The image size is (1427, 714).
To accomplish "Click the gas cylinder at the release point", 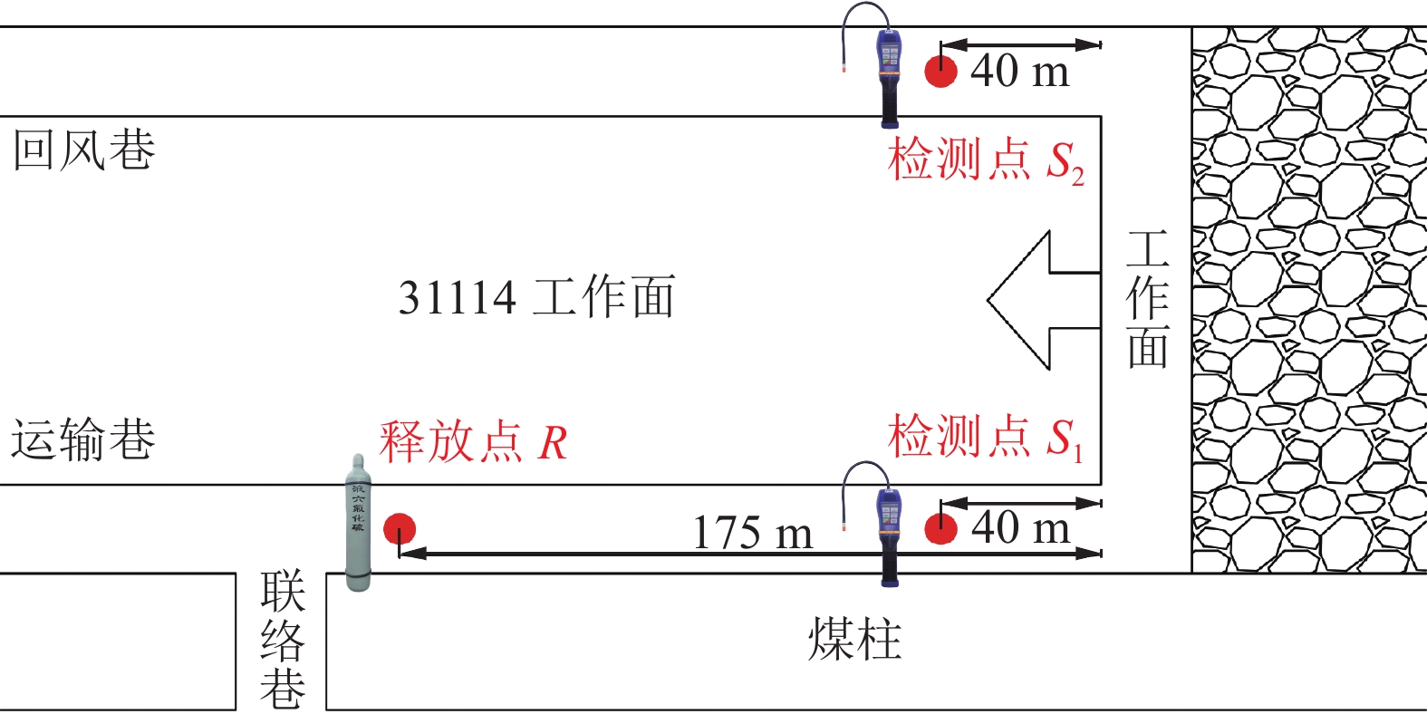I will click(359, 524).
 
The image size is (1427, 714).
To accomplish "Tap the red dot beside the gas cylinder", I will click(400, 529).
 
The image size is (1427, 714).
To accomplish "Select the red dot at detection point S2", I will click(940, 71).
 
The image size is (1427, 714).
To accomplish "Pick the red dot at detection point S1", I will click(940, 528).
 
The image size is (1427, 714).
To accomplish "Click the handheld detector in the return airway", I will click(890, 76).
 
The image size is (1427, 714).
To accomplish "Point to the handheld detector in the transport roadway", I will click(890, 535).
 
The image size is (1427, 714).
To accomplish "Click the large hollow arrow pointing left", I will click(1042, 300).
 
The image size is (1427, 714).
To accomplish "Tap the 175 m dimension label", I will click(752, 533).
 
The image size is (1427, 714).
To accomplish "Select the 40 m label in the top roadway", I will click(1019, 71).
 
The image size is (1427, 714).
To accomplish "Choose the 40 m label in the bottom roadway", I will click(1020, 527).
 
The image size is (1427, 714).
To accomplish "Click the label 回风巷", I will click(83, 150).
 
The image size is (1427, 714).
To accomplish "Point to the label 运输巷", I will click(83, 440).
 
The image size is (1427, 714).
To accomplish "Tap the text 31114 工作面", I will click(536, 298).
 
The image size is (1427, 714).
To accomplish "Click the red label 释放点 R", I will click(473, 442).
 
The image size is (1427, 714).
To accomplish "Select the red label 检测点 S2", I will click(985, 161).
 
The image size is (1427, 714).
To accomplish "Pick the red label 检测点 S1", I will click(985, 438).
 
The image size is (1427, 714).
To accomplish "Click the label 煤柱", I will click(854, 640).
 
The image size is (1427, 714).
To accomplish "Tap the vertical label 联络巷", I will click(282, 640).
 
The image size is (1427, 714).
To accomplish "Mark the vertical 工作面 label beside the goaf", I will click(1147, 300).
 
